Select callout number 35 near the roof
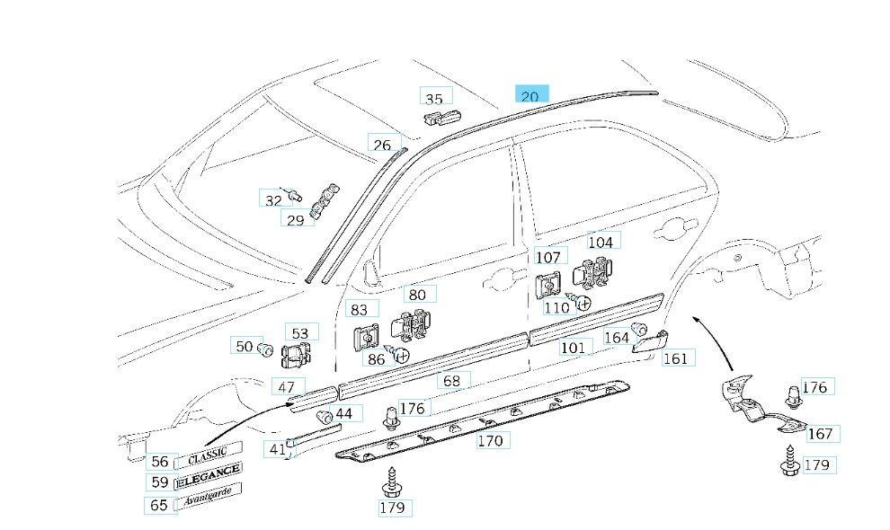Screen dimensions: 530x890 tap(435, 99)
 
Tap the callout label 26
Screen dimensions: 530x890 tap(383, 145)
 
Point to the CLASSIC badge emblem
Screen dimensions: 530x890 tap(209, 455)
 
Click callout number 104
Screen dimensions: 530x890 tap(601, 242)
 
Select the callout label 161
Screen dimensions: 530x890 tap(675, 358)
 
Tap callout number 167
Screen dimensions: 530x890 tap(820, 434)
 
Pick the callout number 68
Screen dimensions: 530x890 tap(452, 381)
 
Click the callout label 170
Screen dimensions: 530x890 tap(490, 441)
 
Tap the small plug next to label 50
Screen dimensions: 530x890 tap(266, 349)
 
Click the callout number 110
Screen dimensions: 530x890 tap(556, 307)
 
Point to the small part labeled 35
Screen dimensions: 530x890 tap(441, 116)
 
